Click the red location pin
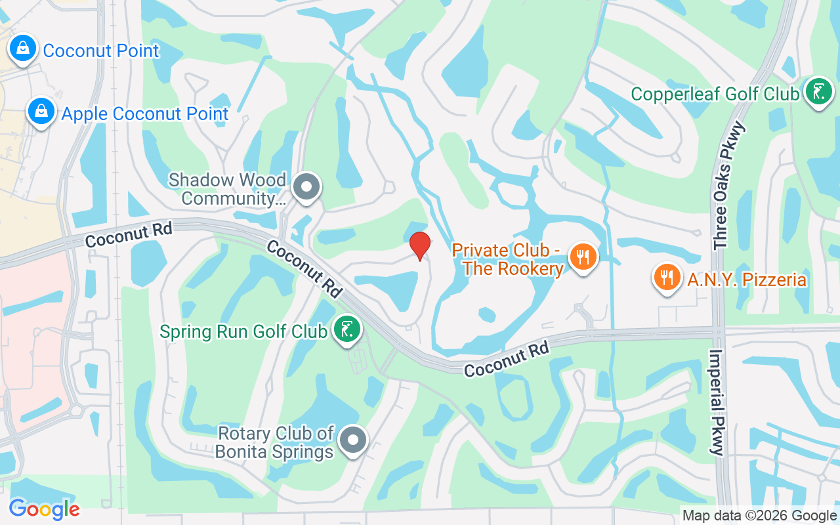pyautogui.click(x=420, y=245)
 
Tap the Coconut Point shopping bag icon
pyautogui.click(x=23, y=48)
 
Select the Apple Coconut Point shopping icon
pyautogui.click(x=41, y=112)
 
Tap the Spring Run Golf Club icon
pyautogui.click(x=346, y=329)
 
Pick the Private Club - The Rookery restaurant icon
pyautogui.click(x=582, y=256)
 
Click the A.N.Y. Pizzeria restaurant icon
pyautogui.click(x=667, y=277)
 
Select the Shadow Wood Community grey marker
pyautogui.click(x=306, y=187)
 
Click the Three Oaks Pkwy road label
pyautogui.click(x=724, y=185)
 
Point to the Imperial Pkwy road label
pyautogui.click(x=717, y=402)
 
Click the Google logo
pyautogui.click(x=44, y=509)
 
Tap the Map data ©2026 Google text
pyautogui.click(x=759, y=516)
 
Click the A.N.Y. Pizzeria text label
pyautogui.click(x=747, y=280)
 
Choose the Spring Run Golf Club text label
pyautogui.click(x=243, y=331)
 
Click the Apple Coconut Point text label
pyautogui.click(x=145, y=114)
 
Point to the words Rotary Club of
pyautogui.click(x=276, y=433)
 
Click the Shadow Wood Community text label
pyautogui.click(x=227, y=189)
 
